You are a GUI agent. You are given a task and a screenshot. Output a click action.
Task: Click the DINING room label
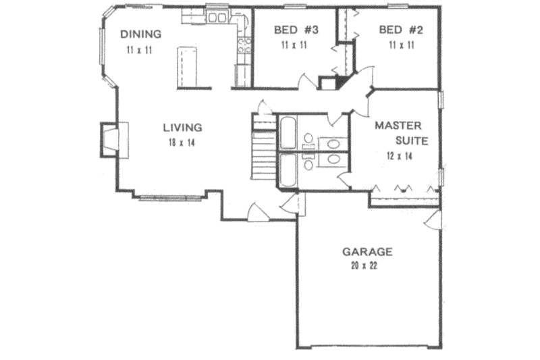point(140,34)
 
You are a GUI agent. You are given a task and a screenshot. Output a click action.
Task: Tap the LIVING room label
point(182,126)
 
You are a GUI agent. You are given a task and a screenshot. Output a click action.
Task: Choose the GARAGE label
point(367,251)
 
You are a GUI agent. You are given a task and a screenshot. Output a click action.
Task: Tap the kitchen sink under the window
point(217,18)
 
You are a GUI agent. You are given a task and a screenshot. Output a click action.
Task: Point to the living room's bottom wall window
point(171,198)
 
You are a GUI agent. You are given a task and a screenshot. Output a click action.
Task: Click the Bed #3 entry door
point(308,81)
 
